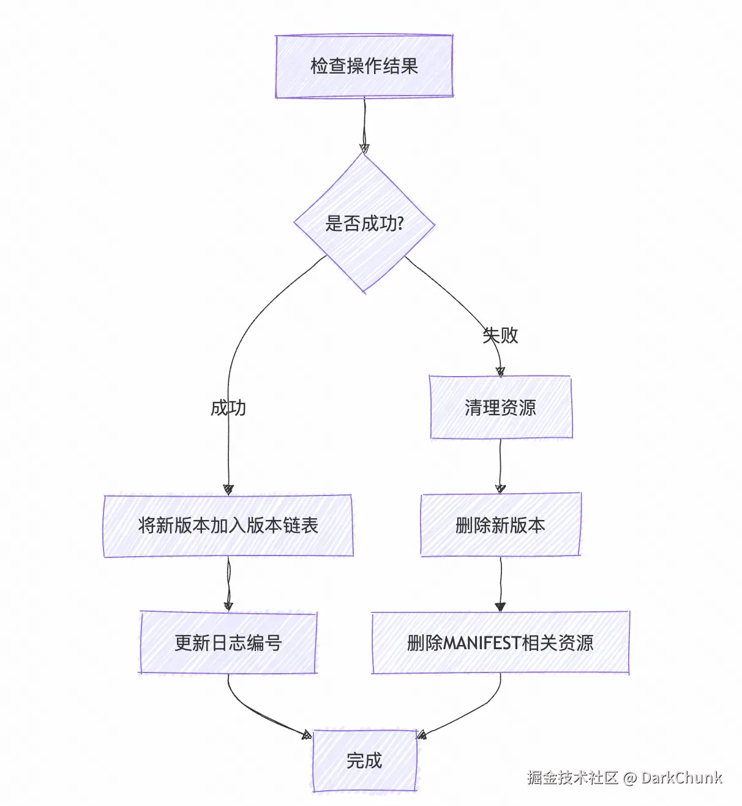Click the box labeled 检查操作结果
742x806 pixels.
coord(364,66)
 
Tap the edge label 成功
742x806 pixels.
coord(228,408)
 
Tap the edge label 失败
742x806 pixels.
coord(500,335)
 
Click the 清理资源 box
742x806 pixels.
coord(500,408)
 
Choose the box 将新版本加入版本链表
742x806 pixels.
coord(228,525)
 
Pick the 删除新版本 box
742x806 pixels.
coord(500,525)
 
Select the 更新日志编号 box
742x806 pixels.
coord(228,643)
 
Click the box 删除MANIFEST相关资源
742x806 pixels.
coord(500,643)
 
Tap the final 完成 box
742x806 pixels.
coord(364,761)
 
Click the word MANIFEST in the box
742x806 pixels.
coord(481,643)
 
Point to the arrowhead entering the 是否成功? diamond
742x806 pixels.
coord(364,148)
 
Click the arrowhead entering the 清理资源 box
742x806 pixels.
coord(500,371)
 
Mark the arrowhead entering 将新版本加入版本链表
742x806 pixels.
coord(228,489)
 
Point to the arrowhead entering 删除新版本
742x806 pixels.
coord(500,489)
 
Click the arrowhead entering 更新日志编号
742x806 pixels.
coord(228,606)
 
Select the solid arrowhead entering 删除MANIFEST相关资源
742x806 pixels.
coord(500,606)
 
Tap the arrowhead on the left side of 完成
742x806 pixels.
coord(307,734)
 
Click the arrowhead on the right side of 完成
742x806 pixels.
coord(422,734)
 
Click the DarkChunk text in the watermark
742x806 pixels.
coord(681,778)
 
